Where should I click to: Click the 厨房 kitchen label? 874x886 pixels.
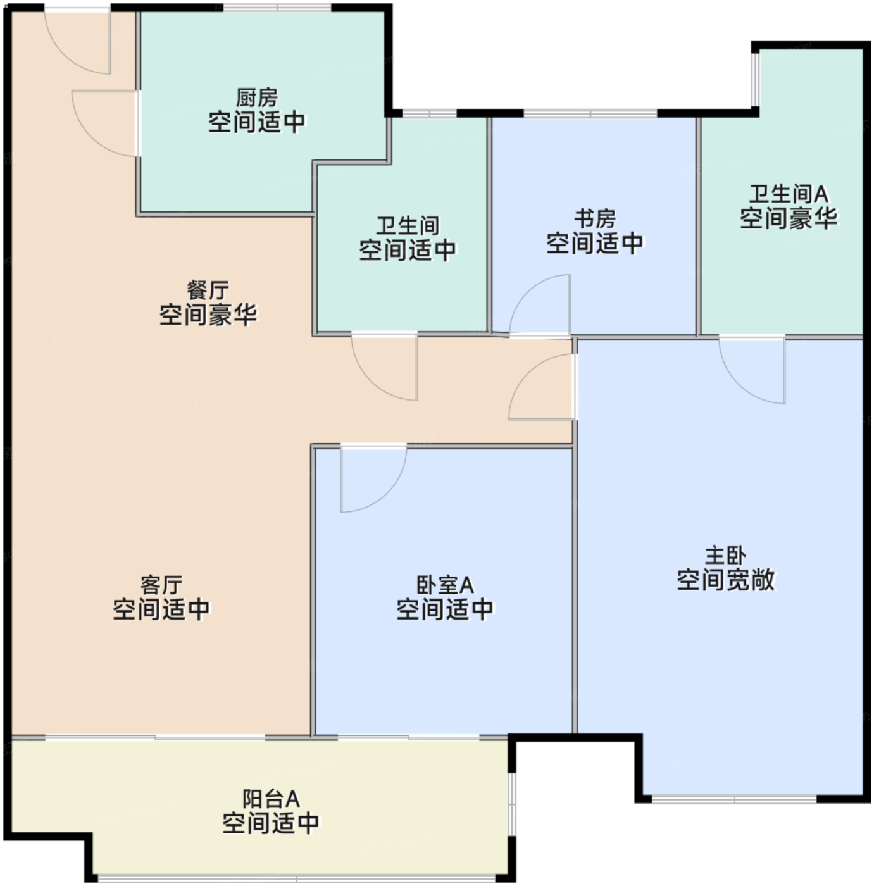coord(257,98)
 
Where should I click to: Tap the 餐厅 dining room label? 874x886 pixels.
coord(208,290)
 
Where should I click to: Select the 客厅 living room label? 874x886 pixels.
coord(161,585)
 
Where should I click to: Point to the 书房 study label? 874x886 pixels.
coord(594,219)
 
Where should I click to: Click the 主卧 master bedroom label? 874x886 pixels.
coord(726,556)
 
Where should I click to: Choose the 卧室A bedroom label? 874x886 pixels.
coord(445,585)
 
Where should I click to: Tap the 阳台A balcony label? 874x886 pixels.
coord(271,799)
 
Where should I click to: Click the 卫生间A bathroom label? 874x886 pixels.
coord(789,194)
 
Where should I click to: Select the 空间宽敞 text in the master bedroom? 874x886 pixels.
coord(726,580)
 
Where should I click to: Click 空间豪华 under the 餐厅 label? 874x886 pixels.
coord(208,315)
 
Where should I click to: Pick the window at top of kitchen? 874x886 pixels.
coord(277,8)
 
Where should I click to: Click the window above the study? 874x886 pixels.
coord(590,113)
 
